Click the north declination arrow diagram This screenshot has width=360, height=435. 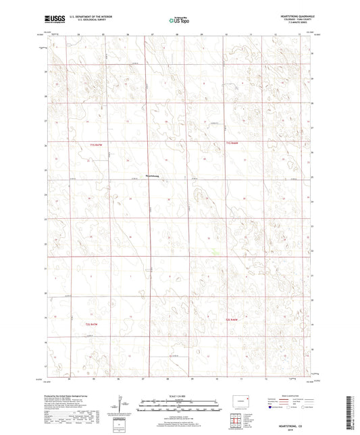pyautogui.click(x=122, y=405)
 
